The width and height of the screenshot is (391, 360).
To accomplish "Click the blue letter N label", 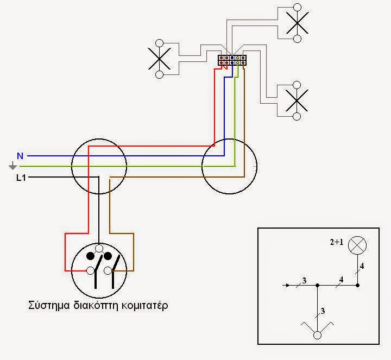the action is click(20, 156).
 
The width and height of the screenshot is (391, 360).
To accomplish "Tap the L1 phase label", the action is click(21, 178).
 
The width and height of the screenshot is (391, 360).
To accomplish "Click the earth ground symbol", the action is click(12, 166).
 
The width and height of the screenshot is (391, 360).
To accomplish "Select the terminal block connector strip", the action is click(232, 60).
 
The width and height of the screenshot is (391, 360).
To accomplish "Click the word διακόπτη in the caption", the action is click(96, 305).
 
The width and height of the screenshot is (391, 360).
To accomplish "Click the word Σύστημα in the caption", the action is click(49, 305).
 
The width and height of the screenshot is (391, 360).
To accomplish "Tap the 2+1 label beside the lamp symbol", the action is click(337, 242).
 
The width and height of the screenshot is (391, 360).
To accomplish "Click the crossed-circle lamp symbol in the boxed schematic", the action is click(357, 245).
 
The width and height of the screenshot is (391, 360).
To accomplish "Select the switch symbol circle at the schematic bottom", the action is click(317, 335).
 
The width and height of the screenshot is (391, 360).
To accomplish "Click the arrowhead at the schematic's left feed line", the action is click(287, 285).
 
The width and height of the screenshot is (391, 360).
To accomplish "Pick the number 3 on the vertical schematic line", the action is click(323, 311).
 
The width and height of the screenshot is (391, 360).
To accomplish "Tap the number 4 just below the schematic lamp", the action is click(362, 266).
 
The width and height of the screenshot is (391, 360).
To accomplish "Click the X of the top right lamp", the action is click(297, 23).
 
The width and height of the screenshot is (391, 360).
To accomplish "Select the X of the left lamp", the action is click(159, 59).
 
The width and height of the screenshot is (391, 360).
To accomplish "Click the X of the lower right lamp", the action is click(297, 100).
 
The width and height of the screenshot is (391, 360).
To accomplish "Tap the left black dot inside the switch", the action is click(90, 256).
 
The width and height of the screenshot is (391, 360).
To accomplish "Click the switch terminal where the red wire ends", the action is click(90, 270).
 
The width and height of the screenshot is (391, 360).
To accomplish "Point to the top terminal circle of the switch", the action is click(99, 248).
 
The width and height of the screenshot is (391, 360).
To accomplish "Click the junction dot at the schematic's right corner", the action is click(357, 285).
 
